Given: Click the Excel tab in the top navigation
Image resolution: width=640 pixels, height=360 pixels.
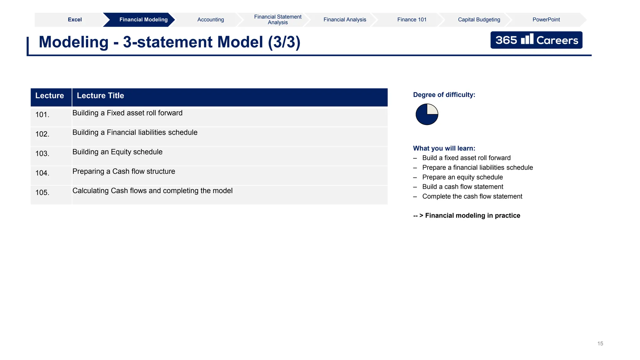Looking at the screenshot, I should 75,20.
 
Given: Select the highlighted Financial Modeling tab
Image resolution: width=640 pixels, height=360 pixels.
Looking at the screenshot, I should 143,20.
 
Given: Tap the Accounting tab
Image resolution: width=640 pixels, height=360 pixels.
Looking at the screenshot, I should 211,20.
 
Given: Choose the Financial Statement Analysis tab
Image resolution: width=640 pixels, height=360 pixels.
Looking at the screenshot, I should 277,20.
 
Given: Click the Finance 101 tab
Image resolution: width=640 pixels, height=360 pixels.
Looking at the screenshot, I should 412,20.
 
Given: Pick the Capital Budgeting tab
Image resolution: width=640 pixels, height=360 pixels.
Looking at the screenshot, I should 479,20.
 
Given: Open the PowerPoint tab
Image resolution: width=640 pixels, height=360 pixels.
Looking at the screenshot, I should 546,20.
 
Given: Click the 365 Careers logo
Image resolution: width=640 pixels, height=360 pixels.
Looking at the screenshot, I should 536,40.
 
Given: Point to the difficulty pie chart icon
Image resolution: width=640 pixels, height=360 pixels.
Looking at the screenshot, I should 427,114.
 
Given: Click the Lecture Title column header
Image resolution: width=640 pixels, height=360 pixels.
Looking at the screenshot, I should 100,96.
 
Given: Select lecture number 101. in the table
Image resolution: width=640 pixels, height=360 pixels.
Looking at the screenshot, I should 42,115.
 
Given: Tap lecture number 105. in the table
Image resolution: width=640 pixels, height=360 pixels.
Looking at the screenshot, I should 42,192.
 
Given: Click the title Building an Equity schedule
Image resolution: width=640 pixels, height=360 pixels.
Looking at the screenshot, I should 117,152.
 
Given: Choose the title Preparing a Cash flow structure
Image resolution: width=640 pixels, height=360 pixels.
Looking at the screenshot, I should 124,171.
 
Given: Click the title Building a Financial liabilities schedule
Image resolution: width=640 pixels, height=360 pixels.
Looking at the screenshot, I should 135,132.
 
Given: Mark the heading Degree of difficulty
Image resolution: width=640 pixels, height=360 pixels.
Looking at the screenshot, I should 444,95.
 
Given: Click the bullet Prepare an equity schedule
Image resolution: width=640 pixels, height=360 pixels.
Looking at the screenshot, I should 462,177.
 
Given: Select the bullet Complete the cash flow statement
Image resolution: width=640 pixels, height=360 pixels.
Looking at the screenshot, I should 472,196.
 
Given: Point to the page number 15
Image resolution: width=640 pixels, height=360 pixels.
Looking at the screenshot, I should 600,343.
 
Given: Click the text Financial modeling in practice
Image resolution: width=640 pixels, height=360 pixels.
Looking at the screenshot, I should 472,216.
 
